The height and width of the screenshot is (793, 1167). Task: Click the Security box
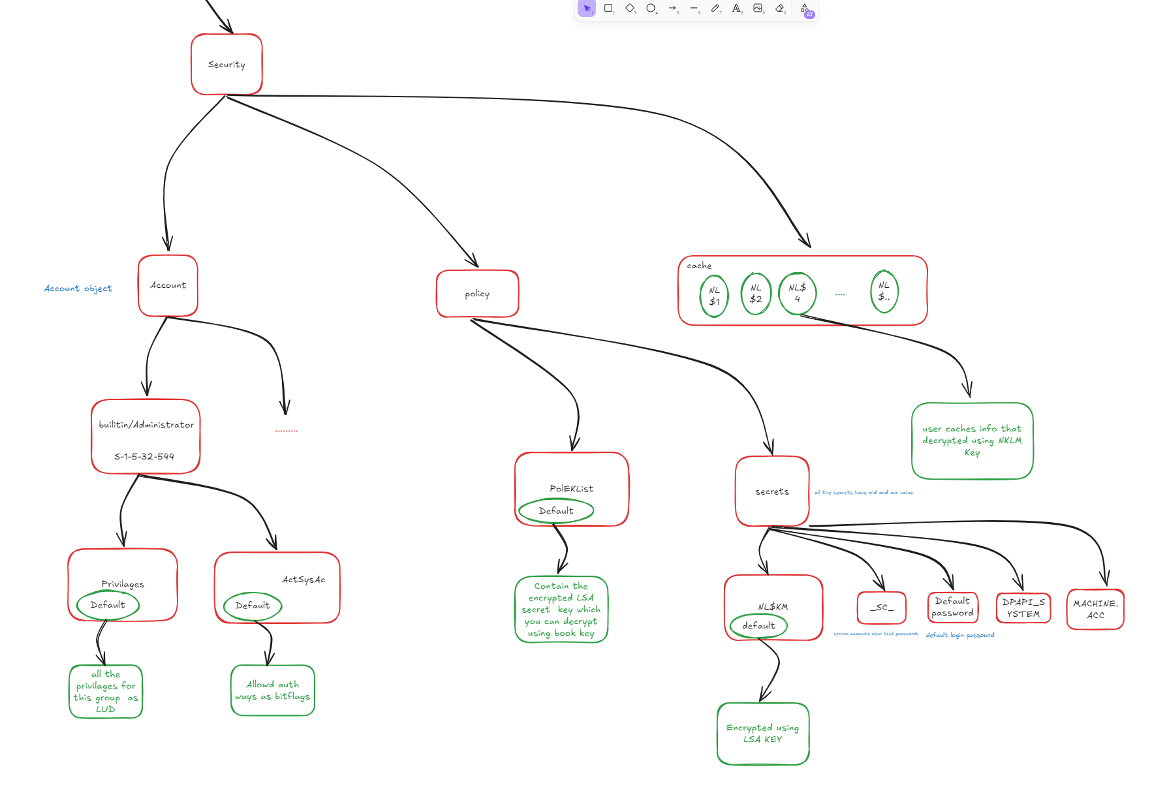tap(226, 65)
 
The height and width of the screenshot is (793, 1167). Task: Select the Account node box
tap(168, 285)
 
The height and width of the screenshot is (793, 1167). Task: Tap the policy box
tap(477, 294)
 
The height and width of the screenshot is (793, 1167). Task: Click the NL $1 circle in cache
tap(714, 296)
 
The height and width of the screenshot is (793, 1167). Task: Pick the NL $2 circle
tap(756, 294)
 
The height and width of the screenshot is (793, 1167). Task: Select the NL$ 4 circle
tap(797, 293)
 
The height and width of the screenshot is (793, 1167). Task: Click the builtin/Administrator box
tap(146, 437)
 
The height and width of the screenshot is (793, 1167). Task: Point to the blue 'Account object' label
tap(78, 288)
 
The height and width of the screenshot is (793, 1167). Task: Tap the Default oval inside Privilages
tap(108, 605)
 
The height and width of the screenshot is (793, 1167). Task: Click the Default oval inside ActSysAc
tap(252, 606)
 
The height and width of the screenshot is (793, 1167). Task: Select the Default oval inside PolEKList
tap(556, 511)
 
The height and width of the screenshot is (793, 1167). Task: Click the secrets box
tap(772, 491)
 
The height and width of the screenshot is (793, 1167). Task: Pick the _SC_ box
tap(881, 608)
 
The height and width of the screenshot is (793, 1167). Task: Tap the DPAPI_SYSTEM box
tap(1023, 608)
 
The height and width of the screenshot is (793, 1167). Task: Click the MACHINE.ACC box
tap(1095, 610)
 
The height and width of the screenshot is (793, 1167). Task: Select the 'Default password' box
tap(952, 607)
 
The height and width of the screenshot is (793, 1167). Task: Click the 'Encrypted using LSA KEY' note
tap(762, 734)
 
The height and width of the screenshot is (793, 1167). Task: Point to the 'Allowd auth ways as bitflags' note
tap(273, 691)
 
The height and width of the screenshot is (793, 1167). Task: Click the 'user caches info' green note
tap(972, 441)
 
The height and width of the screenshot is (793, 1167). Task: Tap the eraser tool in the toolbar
tap(779, 8)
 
